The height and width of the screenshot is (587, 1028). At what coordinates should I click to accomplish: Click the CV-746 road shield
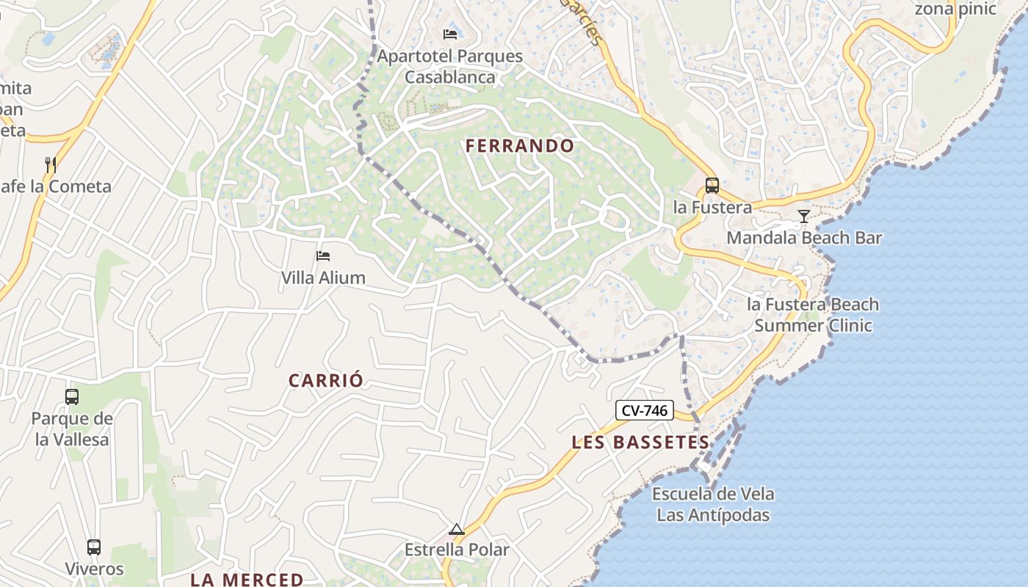644,411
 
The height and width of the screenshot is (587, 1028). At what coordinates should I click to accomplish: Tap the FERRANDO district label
520,145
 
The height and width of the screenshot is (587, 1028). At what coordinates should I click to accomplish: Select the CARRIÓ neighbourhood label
326,380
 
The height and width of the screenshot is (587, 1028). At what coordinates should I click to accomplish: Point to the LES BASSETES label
640,442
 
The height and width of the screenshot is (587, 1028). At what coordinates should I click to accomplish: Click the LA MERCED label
247,579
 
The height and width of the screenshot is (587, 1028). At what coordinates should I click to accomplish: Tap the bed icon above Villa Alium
323,256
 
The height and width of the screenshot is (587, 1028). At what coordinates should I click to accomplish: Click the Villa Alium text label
323,277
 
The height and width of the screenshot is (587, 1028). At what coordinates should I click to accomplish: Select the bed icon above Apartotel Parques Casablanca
450,34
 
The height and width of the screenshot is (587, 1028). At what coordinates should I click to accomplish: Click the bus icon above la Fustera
712,186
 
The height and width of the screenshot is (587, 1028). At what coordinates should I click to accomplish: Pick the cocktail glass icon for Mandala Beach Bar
804,216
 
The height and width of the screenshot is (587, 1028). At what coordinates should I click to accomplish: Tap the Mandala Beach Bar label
804,238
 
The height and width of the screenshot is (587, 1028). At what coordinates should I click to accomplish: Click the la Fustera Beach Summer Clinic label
813,315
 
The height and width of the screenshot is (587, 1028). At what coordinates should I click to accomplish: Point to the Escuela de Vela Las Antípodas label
713,504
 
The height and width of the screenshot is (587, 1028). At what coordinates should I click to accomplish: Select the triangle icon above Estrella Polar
457,529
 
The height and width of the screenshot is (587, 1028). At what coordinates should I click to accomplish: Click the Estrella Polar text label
457,550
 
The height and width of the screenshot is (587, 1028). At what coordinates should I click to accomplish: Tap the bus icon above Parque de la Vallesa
72,397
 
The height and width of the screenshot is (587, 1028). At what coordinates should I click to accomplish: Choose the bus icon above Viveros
94,547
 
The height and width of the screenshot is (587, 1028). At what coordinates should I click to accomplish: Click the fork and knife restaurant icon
51,164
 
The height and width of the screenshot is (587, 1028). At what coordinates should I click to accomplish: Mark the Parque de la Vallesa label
72,429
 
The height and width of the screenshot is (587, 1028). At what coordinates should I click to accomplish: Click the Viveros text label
94,569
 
